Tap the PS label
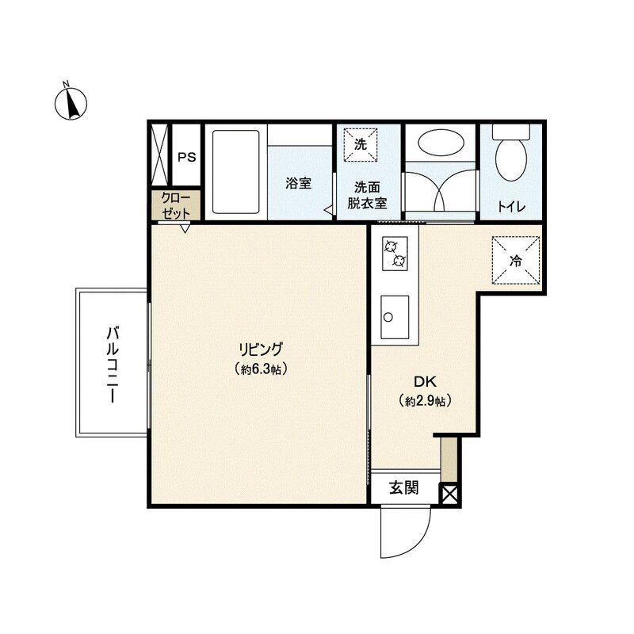pyautogui.click(x=187, y=157)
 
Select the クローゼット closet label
pyautogui.click(x=176, y=206)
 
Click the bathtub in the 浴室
pyautogui.click(x=235, y=171)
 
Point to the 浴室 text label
pyautogui.click(x=299, y=183)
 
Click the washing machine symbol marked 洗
pyautogui.click(x=361, y=145)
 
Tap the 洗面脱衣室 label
pyautogui.click(x=367, y=195)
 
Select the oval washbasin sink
pyautogui.click(x=440, y=143)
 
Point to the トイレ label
pyautogui.click(x=511, y=207)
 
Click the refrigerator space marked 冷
pyautogui.click(x=516, y=261)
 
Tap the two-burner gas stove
pyautogui.click(x=395, y=254)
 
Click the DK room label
pyautogui.click(x=425, y=381)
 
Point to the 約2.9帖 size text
pyautogui.click(x=425, y=401)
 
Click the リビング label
pyautogui.click(x=261, y=349)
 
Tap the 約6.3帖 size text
pyautogui.click(x=261, y=369)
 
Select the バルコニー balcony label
pyautogui.click(x=112, y=365)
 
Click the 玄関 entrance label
pyautogui.click(x=404, y=487)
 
